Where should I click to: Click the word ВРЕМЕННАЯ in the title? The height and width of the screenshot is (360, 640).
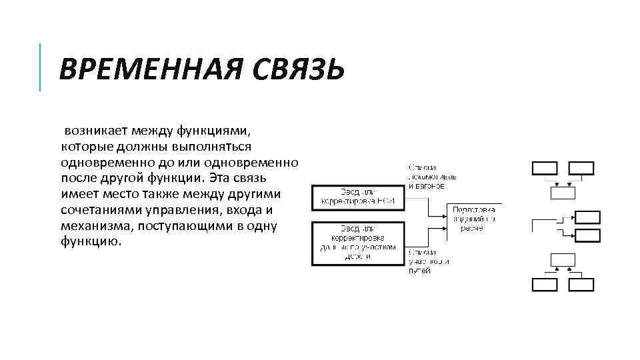(x=141, y=69)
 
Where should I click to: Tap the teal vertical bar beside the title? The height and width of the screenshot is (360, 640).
(x=40, y=67)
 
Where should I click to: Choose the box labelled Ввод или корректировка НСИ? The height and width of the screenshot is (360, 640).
(x=357, y=196)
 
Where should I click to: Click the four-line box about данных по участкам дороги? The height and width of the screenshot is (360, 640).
(x=357, y=243)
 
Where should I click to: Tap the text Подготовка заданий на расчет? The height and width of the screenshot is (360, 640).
(x=473, y=219)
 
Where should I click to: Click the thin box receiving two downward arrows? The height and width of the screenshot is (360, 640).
(x=562, y=193)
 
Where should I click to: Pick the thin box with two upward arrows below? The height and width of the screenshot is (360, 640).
(x=562, y=260)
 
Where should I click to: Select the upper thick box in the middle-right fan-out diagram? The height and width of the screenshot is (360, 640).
(x=587, y=217)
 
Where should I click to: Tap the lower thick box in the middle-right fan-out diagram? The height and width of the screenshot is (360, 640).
(x=587, y=235)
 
